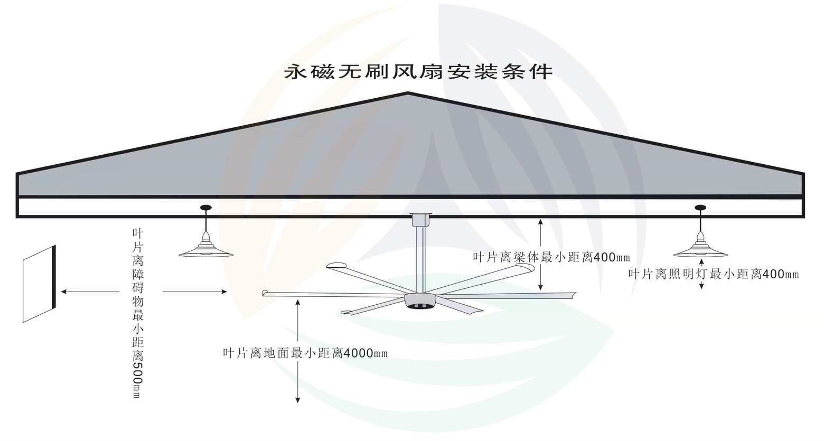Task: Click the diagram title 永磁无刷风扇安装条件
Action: click(x=418, y=72)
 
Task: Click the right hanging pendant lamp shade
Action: click(x=700, y=251)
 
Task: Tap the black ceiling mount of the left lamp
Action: click(x=206, y=208)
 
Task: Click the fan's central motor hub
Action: click(x=420, y=302)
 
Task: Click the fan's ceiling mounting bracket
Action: click(x=420, y=219)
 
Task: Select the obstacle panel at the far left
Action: click(x=39, y=284)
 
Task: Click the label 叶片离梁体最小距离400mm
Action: click(x=551, y=258)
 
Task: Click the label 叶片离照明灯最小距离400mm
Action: click(x=713, y=274)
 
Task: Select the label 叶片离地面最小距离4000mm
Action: click(x=305, y=353)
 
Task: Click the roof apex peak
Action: click(x=408, y=94)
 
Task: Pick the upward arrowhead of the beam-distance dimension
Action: click(x=540, y=222)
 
